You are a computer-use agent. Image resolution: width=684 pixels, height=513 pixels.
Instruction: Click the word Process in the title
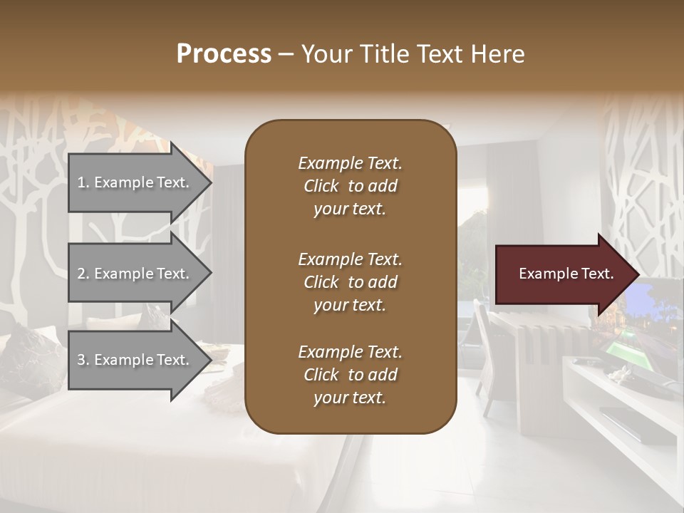click(224, 54)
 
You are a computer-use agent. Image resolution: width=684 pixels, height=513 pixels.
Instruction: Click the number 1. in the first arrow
click(83, 182)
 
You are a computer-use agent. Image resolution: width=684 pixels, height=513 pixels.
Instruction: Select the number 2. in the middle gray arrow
click(83, 274)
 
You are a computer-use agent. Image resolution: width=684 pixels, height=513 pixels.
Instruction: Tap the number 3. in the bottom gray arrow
click(83, 360)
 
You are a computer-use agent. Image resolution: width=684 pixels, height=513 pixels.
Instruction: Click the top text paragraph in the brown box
click(350, 186)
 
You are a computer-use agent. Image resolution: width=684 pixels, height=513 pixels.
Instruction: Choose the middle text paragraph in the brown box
click(350, 281)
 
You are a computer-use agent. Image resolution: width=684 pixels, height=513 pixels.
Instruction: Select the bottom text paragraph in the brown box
click(350, 375)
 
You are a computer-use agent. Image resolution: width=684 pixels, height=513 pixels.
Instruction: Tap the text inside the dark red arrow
click(566, 274)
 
